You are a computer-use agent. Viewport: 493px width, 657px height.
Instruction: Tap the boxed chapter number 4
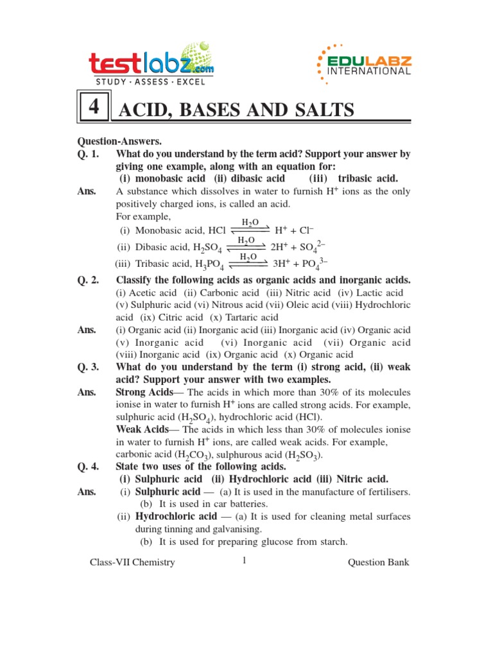tap(94, 108)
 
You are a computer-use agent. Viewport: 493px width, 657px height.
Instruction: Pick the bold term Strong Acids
tap(144, 392)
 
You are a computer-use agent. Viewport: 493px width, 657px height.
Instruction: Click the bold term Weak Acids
tap(141, 429)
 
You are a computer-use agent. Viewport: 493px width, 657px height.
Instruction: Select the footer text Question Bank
tap(377, 563)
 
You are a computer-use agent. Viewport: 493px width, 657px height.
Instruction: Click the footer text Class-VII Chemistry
tap(132, 563)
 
